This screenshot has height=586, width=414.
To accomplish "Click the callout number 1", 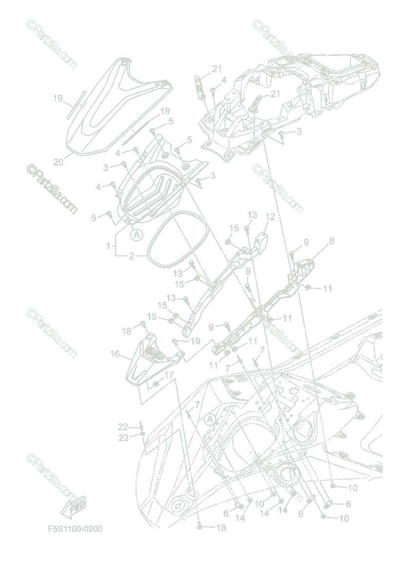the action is tap(108, 246).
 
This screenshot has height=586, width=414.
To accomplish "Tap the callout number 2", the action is tap(131, 255).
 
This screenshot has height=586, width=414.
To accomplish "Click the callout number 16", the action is tap(115, 353).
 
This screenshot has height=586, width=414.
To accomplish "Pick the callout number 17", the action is tap(168, 375).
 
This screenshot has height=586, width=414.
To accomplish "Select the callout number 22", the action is tap(123, 427).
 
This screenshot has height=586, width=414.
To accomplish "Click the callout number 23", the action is tap(124, 438).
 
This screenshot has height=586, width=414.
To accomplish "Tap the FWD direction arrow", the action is tap(73, 505).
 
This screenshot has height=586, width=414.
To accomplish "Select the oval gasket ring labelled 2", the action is tap(176, 238).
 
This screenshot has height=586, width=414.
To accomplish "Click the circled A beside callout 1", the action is tap(137, 235).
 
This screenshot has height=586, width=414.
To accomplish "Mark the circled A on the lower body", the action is tap(210, 419).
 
